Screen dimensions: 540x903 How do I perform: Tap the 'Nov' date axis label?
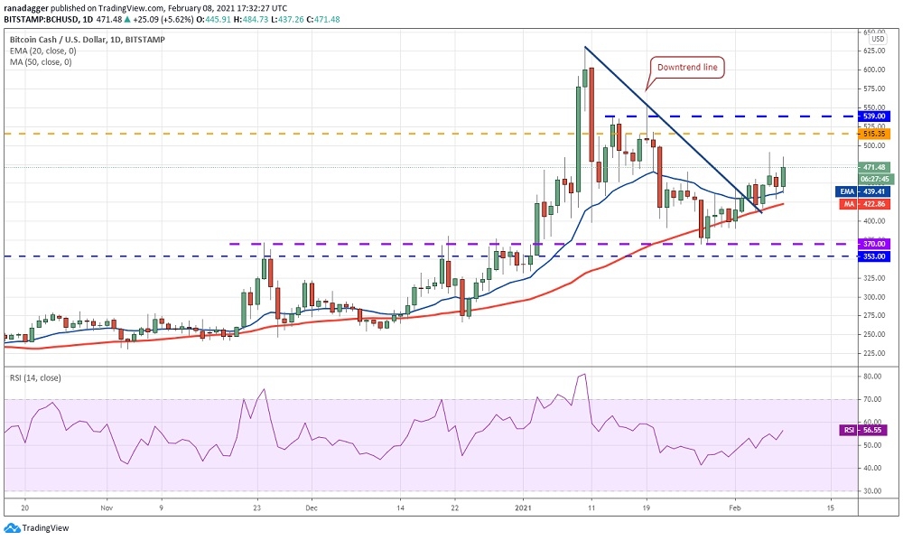point(106,508)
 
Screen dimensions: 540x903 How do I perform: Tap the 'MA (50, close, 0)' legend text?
point(42,61)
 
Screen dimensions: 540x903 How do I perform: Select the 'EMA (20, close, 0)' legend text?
point(43,51)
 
